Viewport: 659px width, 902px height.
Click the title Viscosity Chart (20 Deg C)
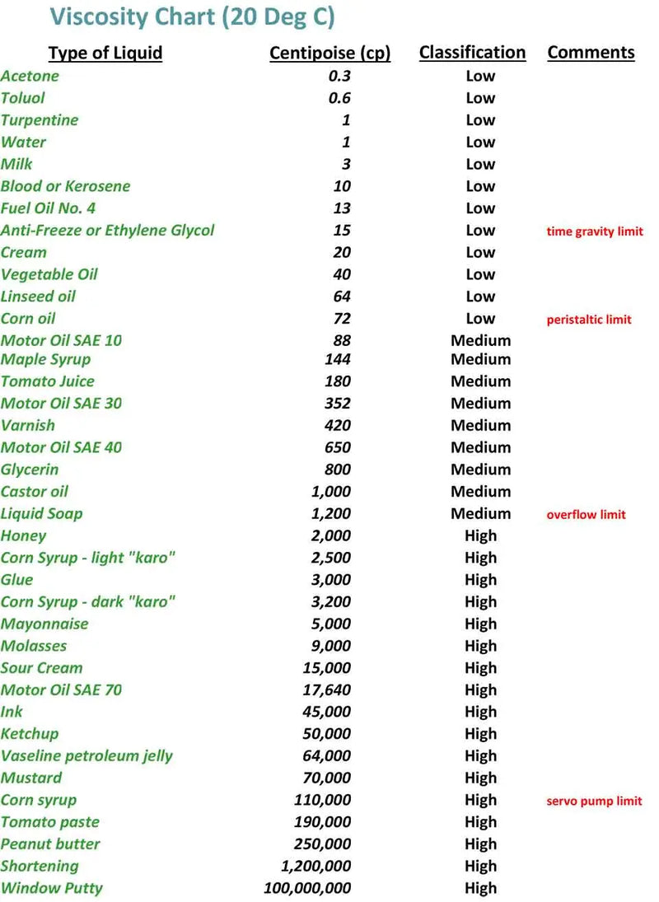(192, 16)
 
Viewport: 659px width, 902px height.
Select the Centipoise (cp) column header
(329, 54)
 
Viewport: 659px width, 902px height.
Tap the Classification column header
(472, 53)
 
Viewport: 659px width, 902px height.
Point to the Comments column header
(591, 53)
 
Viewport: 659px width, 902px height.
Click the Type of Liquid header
(105, 54)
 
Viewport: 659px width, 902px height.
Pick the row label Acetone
(30, 76)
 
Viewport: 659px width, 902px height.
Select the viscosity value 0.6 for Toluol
(339, 98)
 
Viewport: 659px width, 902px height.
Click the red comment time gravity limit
(595, 231)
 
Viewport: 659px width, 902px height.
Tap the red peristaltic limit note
(589, 320)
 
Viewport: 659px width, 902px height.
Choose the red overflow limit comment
(586, 515)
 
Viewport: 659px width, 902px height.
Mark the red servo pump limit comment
(594, 801)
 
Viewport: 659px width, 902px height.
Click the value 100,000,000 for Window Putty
(307, 888)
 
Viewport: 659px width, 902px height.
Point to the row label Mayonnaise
(44, 624)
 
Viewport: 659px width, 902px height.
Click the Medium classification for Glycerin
(480, 470)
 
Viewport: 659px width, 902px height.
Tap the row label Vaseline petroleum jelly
(86, 755)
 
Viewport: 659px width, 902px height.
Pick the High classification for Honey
(480, 535)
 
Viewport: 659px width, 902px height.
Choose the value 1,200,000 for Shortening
(316, 866)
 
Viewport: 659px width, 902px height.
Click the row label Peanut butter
(50, 844)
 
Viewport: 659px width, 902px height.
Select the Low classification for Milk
(480, 164)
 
